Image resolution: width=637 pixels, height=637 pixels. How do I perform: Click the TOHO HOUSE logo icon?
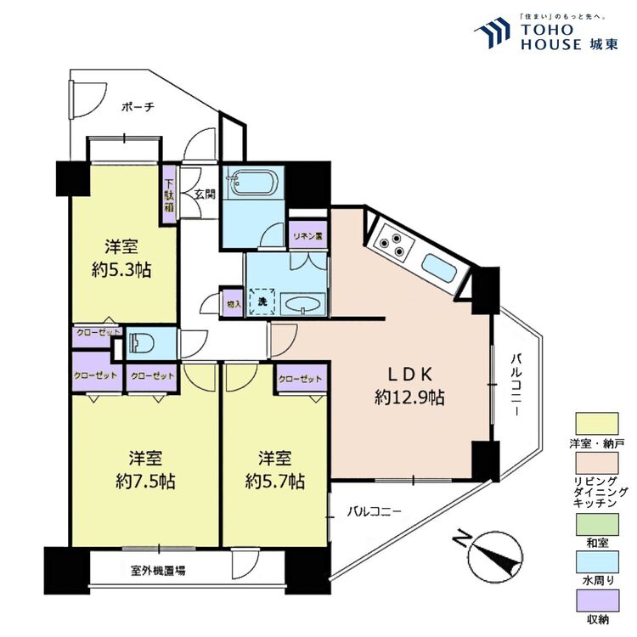493,31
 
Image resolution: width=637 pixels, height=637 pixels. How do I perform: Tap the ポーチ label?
138,107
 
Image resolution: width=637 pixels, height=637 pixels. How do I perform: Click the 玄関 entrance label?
205,194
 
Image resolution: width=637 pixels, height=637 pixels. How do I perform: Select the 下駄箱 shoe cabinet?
169,194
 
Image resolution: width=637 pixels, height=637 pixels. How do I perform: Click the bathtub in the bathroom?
253,183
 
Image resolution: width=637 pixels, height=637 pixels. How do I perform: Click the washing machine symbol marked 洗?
262,302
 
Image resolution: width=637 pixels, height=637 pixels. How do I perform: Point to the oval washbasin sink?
303,304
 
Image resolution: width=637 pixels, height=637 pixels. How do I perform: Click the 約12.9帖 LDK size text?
409,397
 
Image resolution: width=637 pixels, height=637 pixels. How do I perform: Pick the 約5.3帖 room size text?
121,270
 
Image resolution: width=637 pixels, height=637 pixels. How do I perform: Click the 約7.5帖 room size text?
145,482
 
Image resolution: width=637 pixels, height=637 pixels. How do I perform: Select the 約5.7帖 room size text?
275,482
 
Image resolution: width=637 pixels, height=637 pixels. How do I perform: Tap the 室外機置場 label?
159,571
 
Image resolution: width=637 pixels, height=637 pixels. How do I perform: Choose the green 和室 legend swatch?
597,525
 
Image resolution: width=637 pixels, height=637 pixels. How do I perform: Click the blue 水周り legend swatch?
597,562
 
